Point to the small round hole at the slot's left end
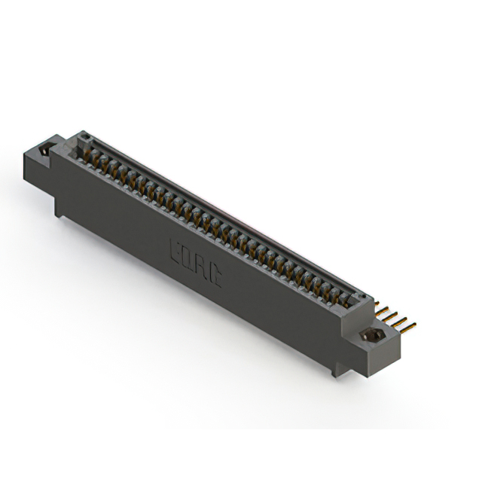(x=85, y=139)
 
